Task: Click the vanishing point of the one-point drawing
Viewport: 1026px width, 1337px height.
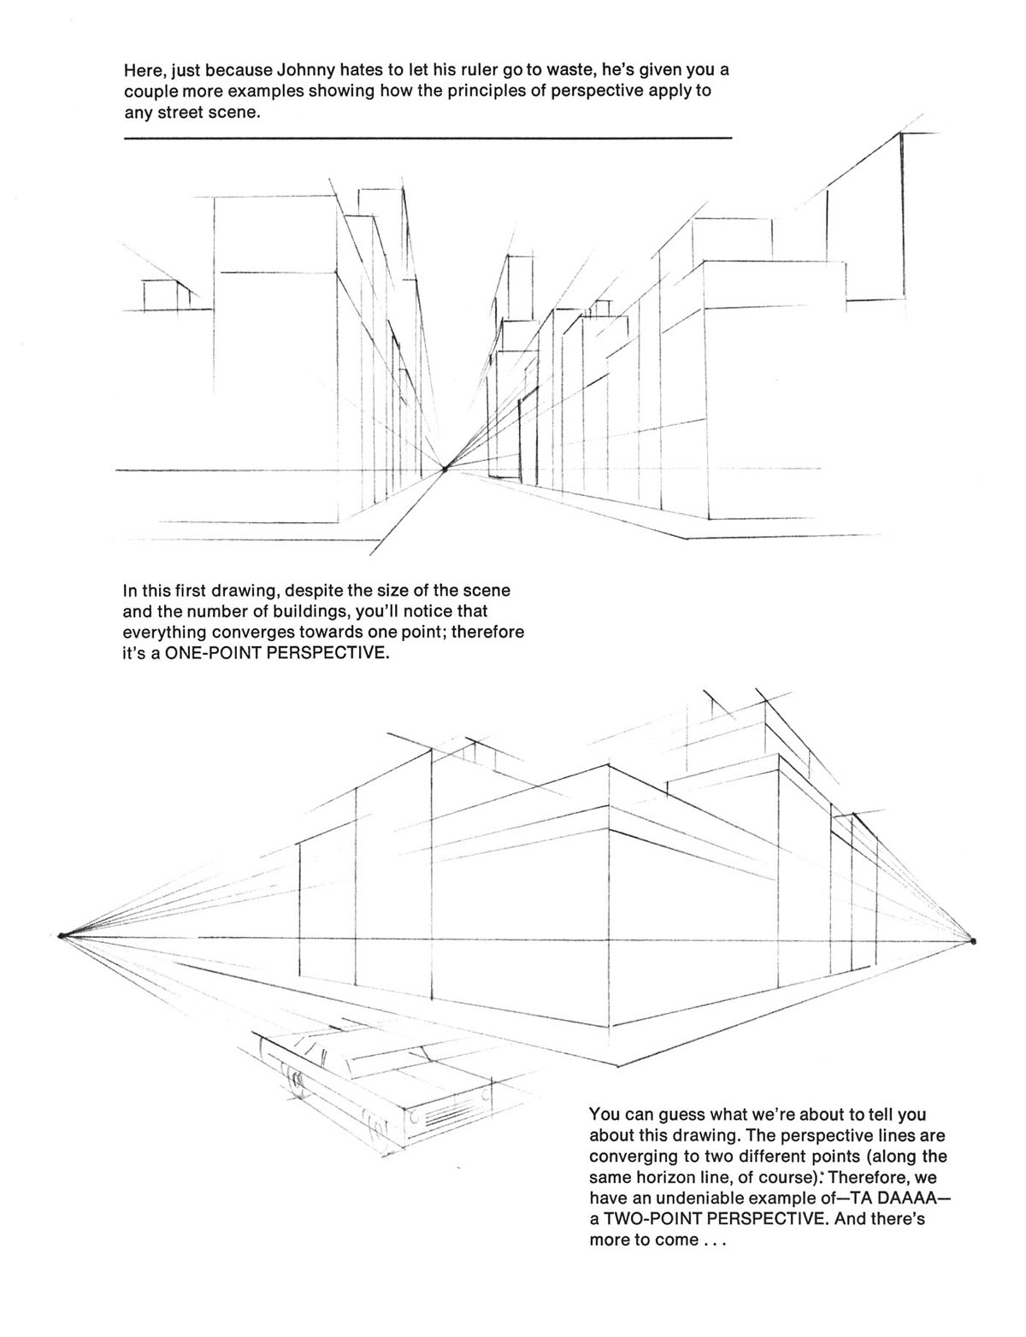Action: pyautogui.click(x=445, y=468)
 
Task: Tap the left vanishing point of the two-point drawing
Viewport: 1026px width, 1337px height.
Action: pyautogui.click(x=62, y=935)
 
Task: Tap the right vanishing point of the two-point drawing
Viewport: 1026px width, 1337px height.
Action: pyautogui.click(x=973, y=941)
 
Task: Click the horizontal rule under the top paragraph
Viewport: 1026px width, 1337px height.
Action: pyautogui.click(x=427, y=138)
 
